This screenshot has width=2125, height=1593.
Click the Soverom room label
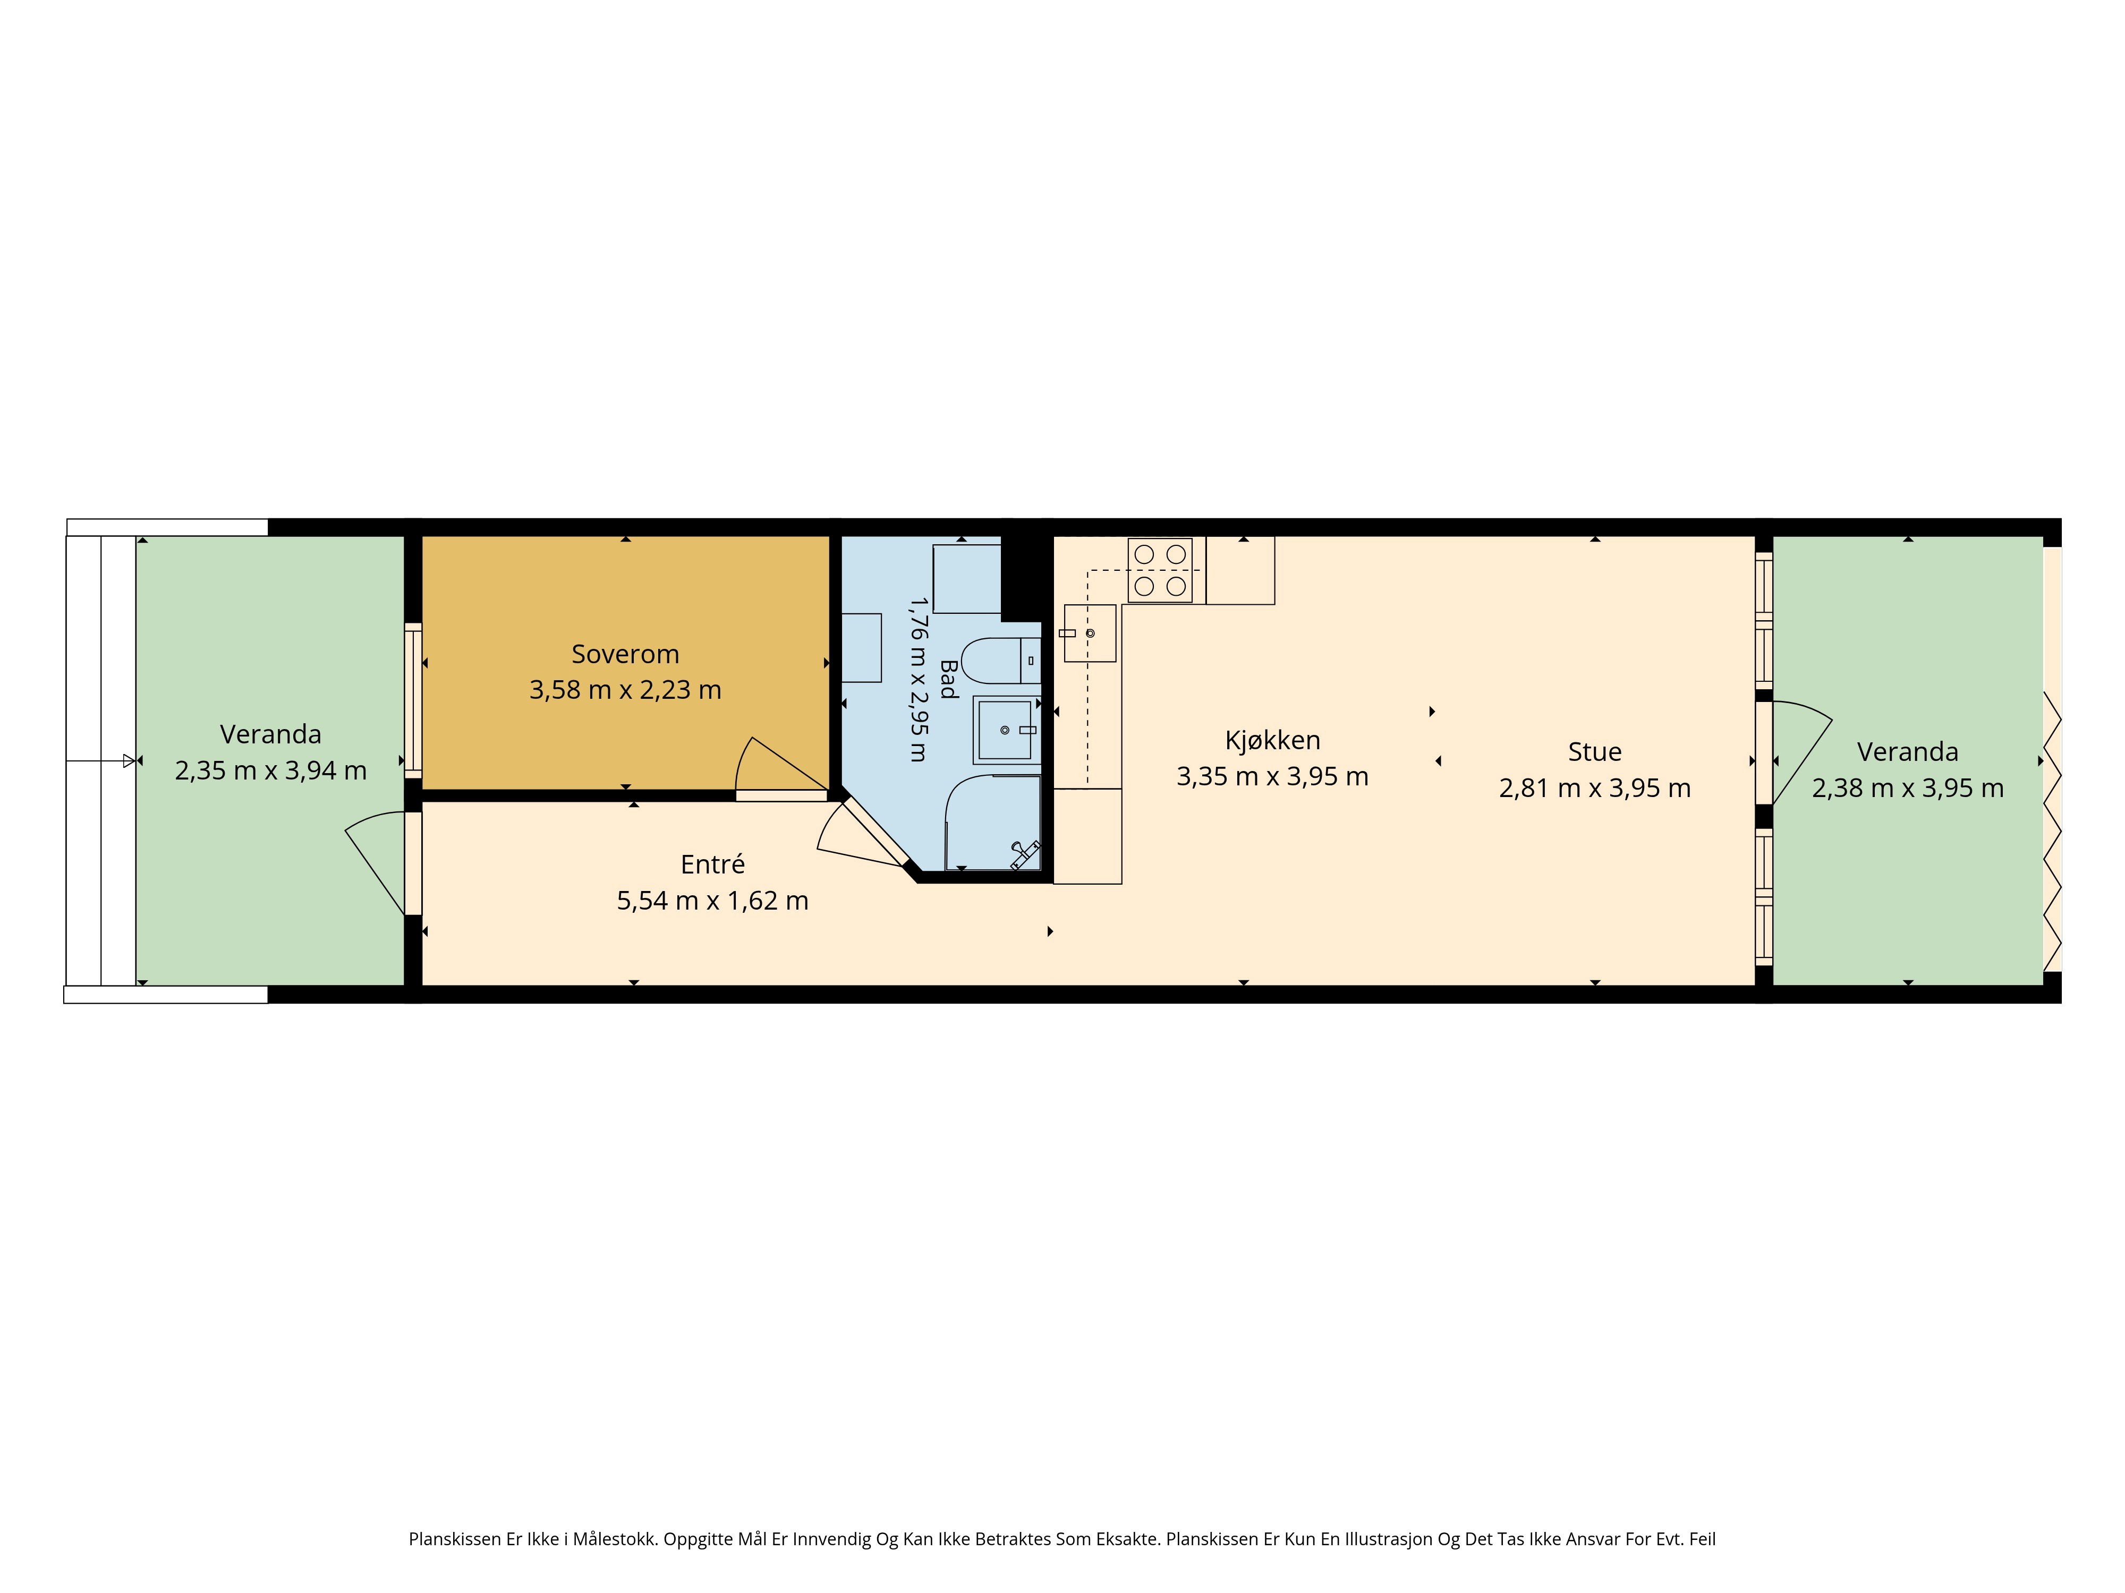[x=625, y=654]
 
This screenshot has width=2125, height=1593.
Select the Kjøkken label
[x=1273, y=740]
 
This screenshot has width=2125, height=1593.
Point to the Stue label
[x=1595, y=752]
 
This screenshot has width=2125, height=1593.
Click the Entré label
[x=713, y=864]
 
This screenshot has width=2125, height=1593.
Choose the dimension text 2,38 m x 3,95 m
[x=1908, y=789]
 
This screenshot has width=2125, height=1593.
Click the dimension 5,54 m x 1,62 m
[x=713, y=901]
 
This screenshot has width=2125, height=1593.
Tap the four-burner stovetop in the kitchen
[x=1160, y=570]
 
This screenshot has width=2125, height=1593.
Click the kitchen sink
[x=1090, y=633]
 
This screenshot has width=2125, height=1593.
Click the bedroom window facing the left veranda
[x=413, y=700]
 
